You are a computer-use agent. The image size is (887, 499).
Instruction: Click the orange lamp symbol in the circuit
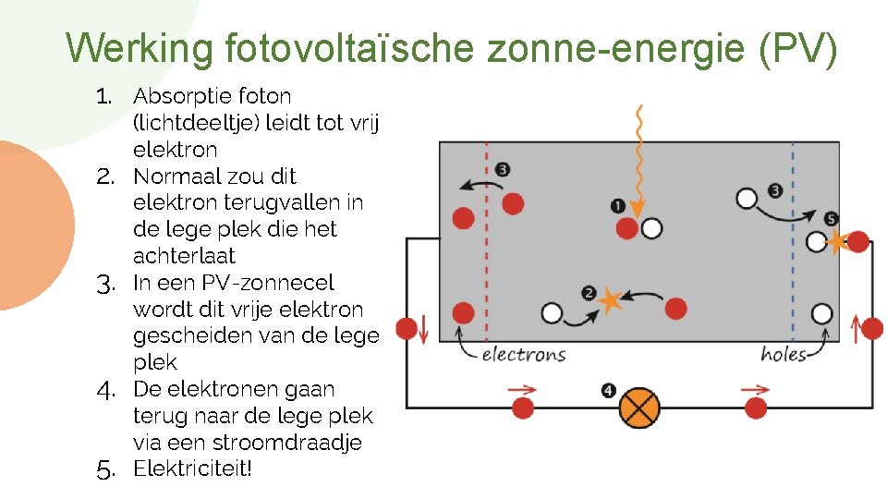click(x=639, y=407)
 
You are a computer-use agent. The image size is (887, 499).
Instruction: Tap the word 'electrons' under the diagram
click(x=524, y=354)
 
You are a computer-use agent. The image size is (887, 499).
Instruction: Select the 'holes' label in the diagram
click(x=784, y=354)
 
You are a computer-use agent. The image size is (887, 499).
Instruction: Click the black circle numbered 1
click(x=617, y=205)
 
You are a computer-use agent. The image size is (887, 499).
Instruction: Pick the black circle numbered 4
click(x=608, y=391)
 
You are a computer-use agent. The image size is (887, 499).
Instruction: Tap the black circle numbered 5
click(x=831, y=219)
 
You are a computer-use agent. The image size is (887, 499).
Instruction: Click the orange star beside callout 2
click(x=609, y=298)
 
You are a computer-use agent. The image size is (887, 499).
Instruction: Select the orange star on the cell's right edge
click(x=837, y=242)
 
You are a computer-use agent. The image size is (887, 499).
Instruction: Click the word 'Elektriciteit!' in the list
click(x=192, y=469)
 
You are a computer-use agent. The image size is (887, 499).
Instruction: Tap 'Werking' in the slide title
click(x=140, y=48)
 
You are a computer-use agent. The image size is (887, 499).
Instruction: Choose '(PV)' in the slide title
click(x=797, y=48)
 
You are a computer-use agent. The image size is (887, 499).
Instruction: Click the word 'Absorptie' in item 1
click(x=182, y=96)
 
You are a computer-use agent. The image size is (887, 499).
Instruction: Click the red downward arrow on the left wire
click(x=424, y=327)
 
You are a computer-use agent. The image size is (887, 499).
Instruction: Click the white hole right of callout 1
click(x=652, y=228)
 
